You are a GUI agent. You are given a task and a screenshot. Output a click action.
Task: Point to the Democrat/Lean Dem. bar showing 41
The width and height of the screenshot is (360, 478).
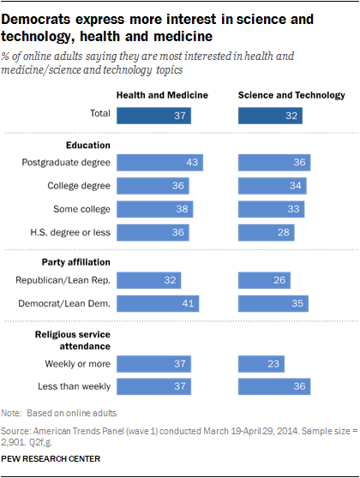click(158, 302)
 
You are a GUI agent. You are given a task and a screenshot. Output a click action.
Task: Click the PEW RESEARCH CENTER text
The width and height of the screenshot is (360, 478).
click(54, 459)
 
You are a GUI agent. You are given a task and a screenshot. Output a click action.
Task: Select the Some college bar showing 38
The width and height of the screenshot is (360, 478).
click(155, 208)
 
